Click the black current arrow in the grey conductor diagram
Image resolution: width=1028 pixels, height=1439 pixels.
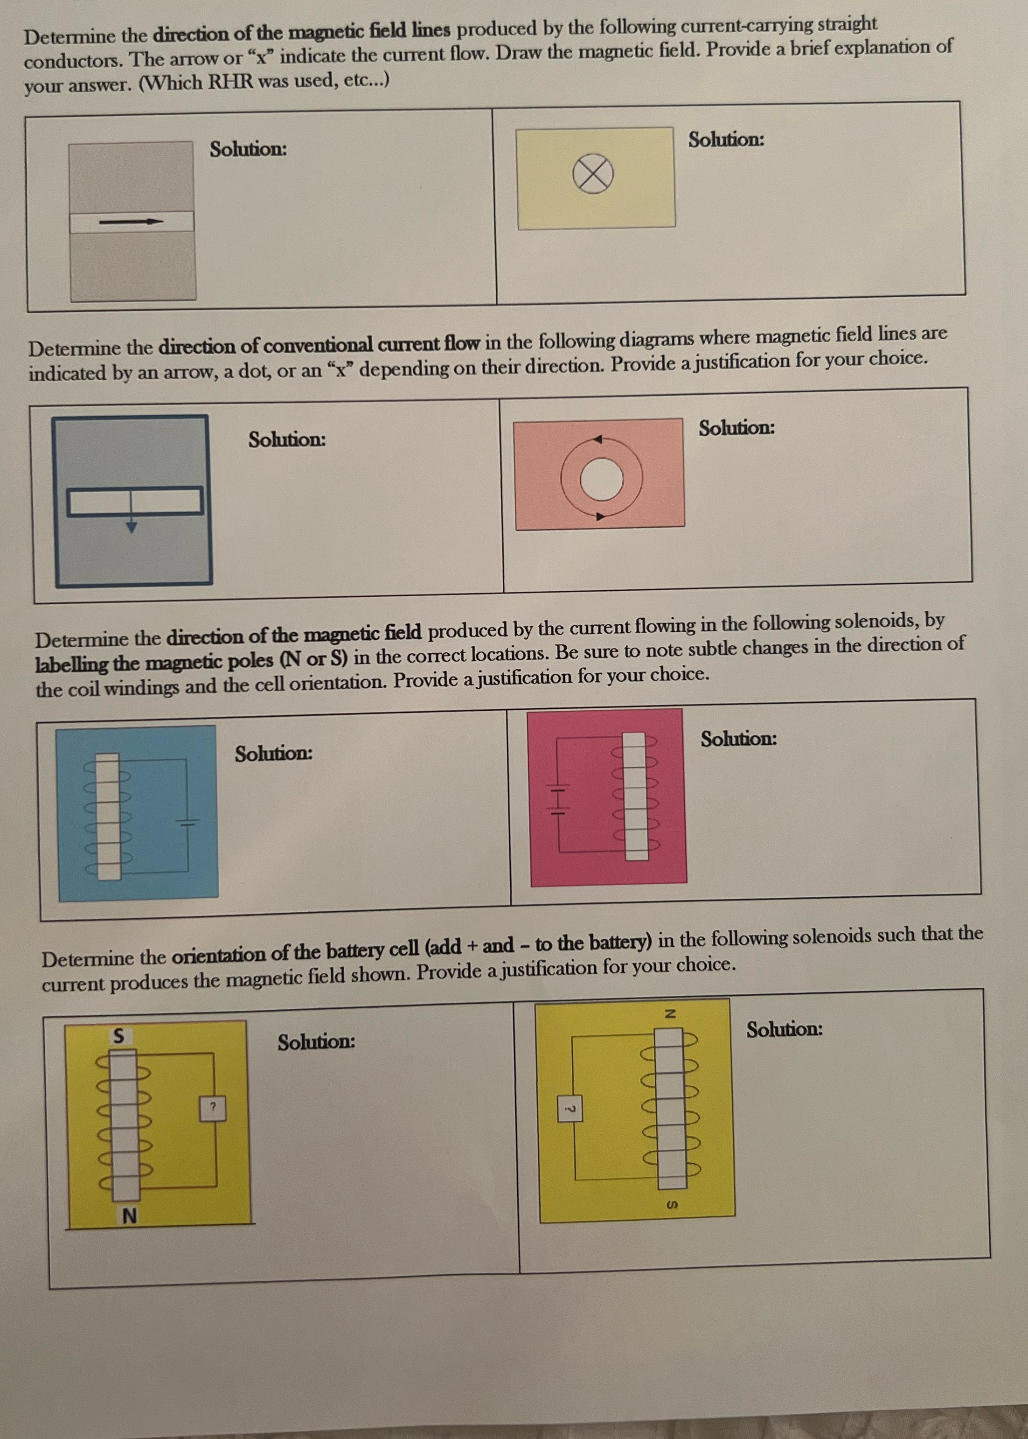pos(131,222)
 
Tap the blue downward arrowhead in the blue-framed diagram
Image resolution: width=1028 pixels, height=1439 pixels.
pos(131,527)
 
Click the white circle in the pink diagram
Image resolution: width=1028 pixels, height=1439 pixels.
pos(601,479)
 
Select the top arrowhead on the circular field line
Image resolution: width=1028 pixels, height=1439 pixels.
pos(597,439)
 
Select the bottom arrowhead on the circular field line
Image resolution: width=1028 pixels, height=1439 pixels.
pos(600,516)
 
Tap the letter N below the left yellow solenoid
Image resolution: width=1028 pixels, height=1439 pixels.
pos(129,1215)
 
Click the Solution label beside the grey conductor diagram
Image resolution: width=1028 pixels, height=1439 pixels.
pos(248,149)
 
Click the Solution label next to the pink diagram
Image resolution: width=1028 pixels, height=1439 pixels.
pos(736,428)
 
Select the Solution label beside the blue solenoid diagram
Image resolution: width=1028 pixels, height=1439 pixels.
pos(273,754)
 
